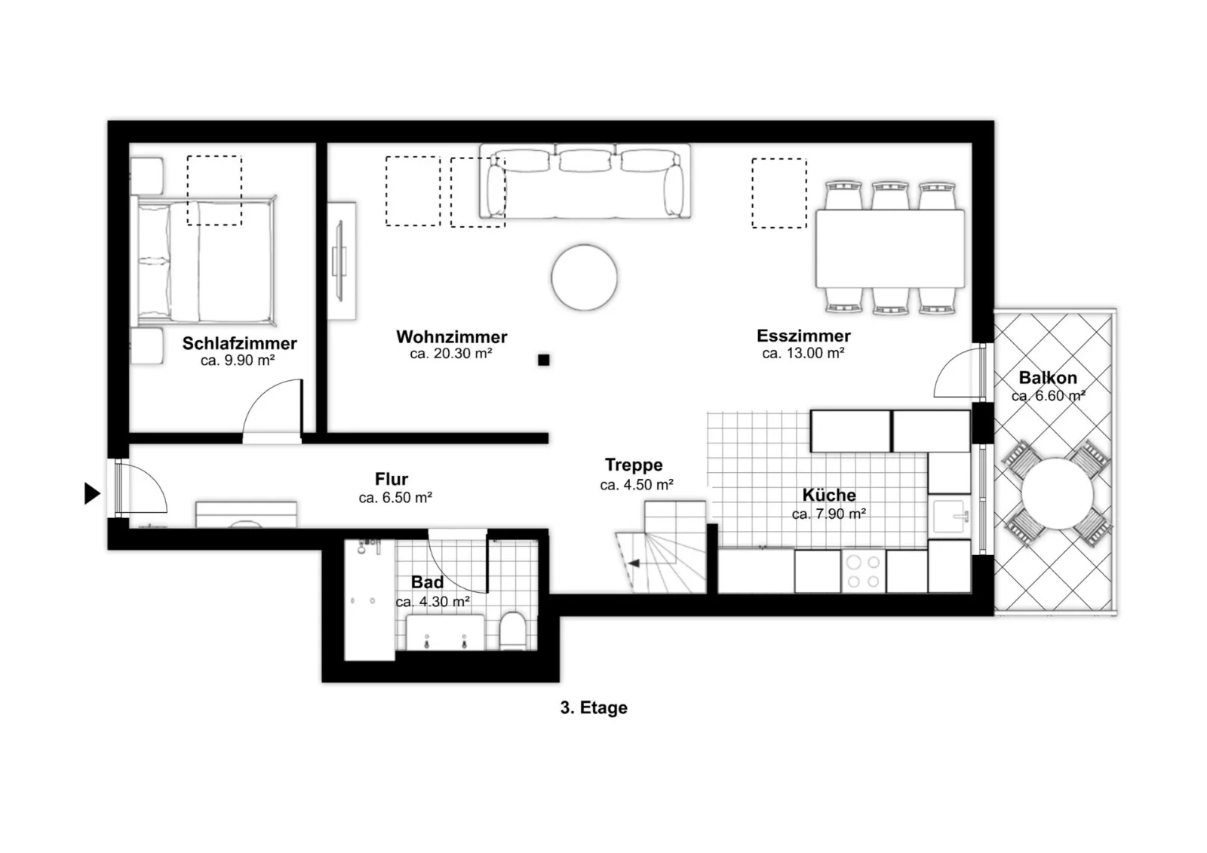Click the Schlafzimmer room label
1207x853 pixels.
click(239, 343)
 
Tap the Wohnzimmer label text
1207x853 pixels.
click(452, 337)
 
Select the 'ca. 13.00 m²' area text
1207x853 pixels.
click(803, 354)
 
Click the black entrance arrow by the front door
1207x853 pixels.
click(92, 493)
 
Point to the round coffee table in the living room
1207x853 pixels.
click(584, 278)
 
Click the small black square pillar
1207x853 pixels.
click(544, 360)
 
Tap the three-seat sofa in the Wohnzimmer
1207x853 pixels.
click(585, 181)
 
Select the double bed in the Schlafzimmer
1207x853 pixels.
click(204, 261)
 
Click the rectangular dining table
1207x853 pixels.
click(890, 249)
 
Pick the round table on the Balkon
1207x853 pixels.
click(1057, 493)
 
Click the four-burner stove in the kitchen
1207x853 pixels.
click(863, 571)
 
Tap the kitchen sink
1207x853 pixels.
click(950, 516)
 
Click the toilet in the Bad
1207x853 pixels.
click(512, 631)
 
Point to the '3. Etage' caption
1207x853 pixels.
click(594, 707)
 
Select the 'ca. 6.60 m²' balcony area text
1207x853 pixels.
click(1048, 396)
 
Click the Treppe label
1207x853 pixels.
click(634, 465)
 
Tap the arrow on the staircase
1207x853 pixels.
click(634, 563)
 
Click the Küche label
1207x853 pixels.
click(829, 495)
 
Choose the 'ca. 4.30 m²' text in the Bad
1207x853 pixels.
click(433, 601)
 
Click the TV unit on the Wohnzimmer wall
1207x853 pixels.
click(341, 261)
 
